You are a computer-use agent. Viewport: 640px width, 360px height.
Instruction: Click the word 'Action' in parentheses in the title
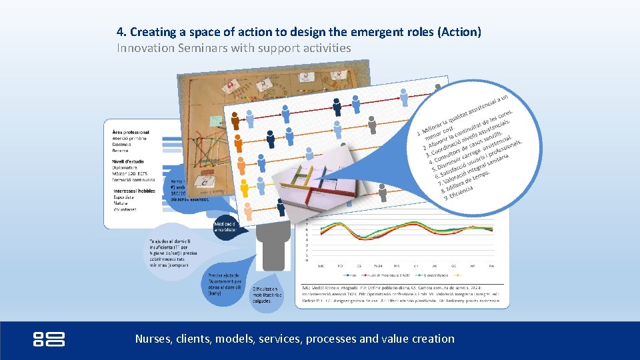460,32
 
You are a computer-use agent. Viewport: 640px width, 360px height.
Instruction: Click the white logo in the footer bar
49,339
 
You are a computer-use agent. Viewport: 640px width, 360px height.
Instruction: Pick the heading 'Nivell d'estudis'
128,161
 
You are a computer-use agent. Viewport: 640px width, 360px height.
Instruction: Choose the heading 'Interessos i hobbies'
134,191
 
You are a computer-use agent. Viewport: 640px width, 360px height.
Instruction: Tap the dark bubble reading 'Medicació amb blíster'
225,227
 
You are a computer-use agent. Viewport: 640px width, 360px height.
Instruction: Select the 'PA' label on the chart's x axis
492,266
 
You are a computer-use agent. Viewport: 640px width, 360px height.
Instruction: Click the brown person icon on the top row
235,121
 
